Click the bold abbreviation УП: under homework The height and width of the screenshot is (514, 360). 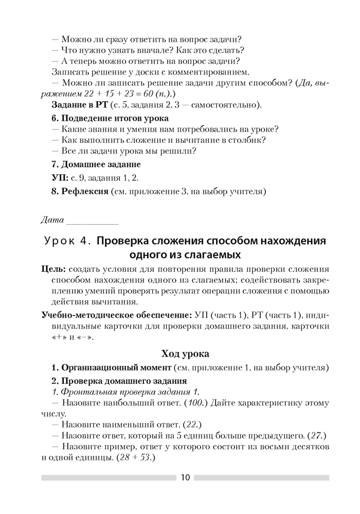pos(61,178)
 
